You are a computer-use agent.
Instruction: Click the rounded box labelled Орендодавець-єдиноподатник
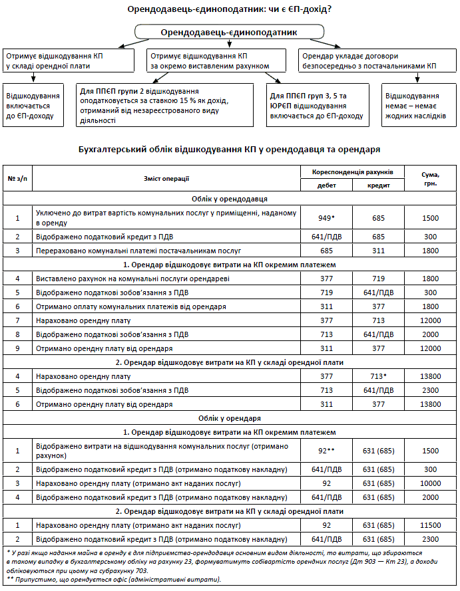(229, 32)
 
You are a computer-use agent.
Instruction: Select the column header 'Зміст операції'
(166, 177)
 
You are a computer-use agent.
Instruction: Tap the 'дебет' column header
(326, 185)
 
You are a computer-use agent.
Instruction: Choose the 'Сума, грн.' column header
(429, 177)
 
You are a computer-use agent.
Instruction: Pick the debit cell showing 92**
(326, 451)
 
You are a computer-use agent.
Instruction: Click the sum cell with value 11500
(429, 525)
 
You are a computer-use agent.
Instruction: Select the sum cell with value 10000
(429, 483)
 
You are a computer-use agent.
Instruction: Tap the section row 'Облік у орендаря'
(229, 418)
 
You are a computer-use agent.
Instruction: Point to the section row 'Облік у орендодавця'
(229, 198)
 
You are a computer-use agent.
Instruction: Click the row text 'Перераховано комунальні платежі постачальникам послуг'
(138, 251)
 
